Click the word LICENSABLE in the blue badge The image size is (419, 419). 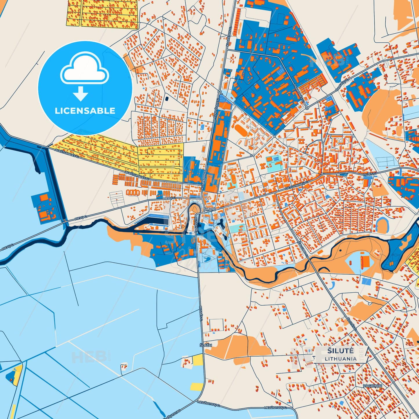coord(85,111)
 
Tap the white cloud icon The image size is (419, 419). coord(84,69)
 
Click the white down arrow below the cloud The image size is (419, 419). coord(81,94)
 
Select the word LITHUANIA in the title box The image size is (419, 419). coord(341,359)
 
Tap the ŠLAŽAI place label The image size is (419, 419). coord(206,345)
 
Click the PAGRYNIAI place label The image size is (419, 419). coord(373,386)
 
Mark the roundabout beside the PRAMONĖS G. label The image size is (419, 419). coord(307,108)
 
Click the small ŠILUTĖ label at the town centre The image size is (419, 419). coord(209,209)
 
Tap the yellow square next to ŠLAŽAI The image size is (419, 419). coord(197,360)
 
